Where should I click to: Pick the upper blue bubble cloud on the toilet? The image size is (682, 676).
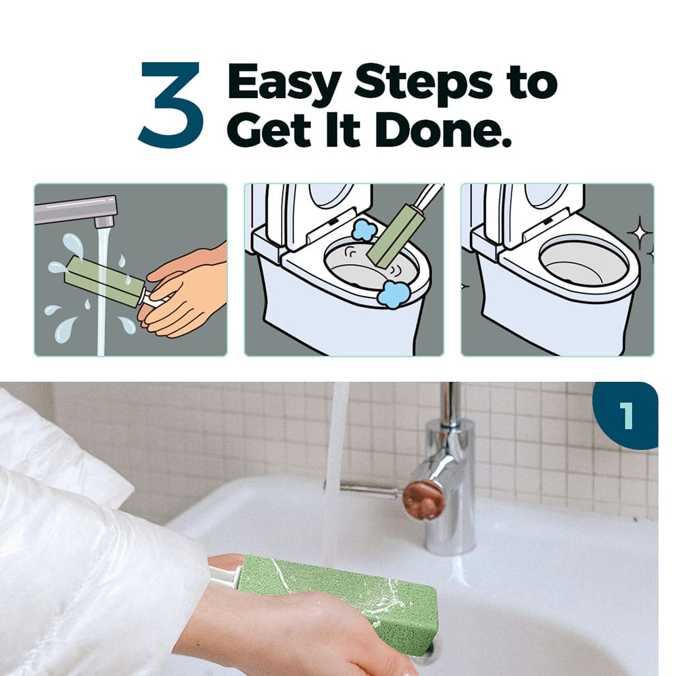tap(364, 230)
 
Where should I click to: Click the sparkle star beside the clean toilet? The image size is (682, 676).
tap(640, 233)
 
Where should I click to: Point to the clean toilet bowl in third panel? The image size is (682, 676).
tap(583, 261)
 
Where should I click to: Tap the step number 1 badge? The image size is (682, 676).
tap(626, 415)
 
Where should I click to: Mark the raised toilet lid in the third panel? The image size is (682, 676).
tap(544, 209)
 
